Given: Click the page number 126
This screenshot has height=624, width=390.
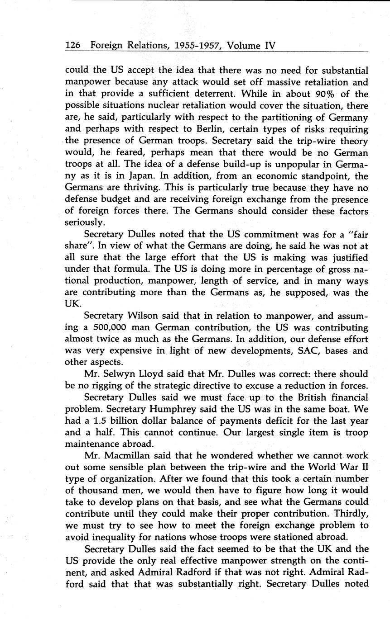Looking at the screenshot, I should (x=73, y=46).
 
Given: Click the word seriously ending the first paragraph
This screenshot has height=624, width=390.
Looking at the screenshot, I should (x=86, y=223).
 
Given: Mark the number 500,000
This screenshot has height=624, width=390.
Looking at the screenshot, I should (x=101, y=328).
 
